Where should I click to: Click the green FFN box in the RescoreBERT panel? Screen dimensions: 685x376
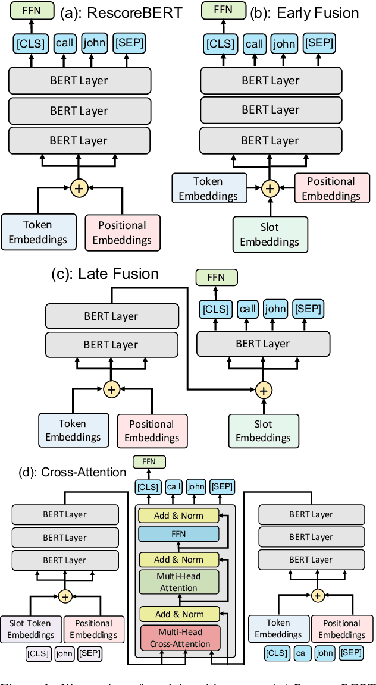(x=27, y=10)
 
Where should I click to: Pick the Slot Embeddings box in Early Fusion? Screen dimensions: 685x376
(x=270, y=234)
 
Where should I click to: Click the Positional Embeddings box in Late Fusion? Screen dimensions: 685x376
(x=152, y=431)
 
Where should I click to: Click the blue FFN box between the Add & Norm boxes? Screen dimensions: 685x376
(x=178, y=534)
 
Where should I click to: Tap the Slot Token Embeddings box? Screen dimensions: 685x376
(x=30, y=629)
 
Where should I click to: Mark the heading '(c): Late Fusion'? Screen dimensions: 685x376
(x=105, y=274)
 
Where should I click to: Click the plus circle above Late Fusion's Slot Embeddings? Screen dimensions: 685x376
(x=263, y=390)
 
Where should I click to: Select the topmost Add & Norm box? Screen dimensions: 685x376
(x=178, y=515)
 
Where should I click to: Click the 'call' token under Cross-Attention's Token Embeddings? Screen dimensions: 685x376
(x=303, y=653)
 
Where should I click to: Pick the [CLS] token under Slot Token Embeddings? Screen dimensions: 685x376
(x=38, y=654)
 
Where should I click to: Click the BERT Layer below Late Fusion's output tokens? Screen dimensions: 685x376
(x=262, y=344)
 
